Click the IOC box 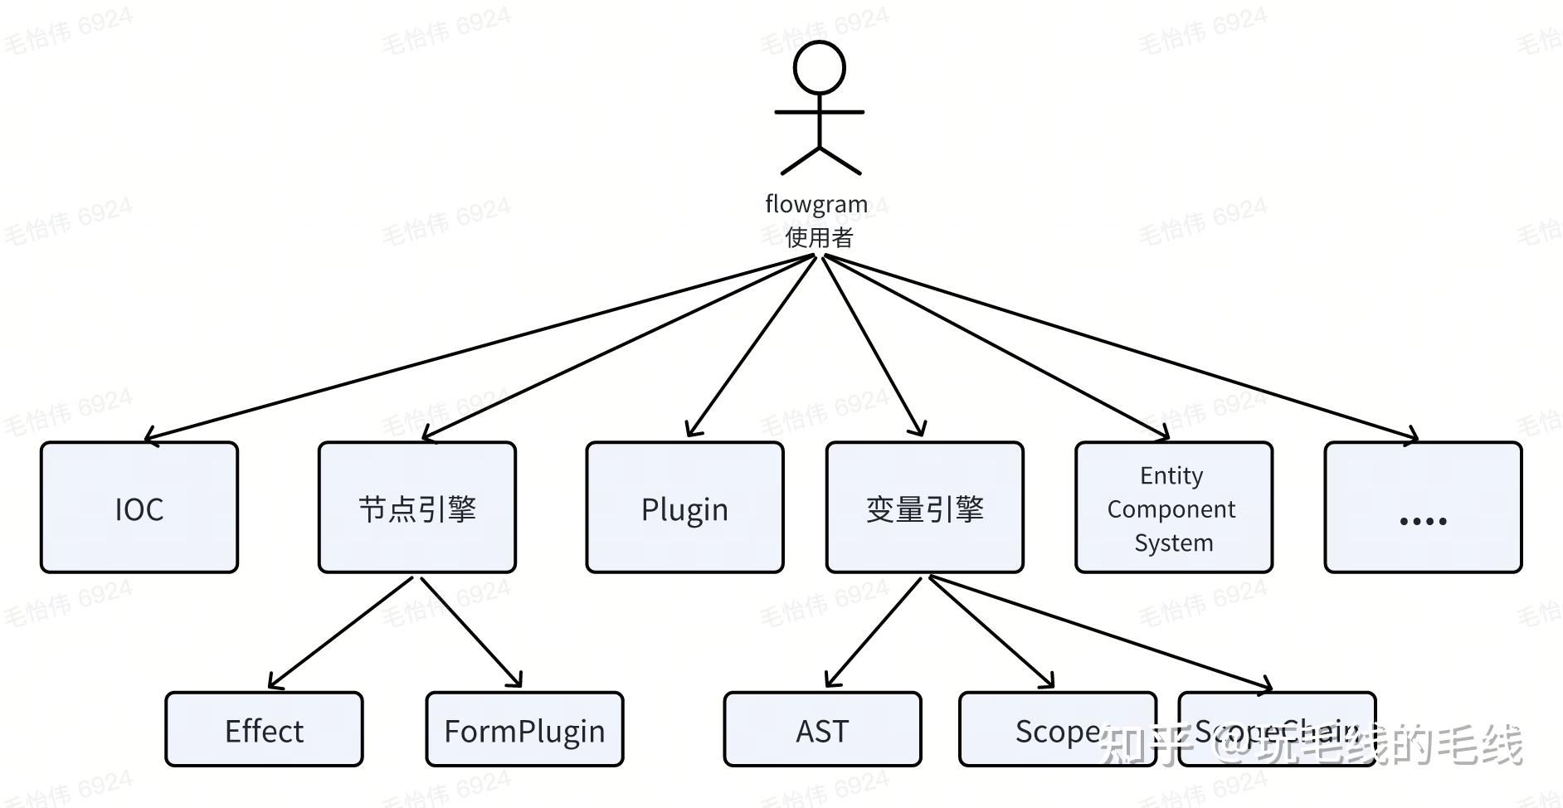tap(139, 508)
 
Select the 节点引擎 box tap(417, 508)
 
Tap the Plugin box tap(684, 508)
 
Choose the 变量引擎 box tap(924, 508)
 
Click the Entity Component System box tap(1173, 508)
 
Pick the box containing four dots tap(1423, 508)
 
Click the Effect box tap(264, 729)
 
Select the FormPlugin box tap(524, 729)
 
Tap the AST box tap(822, 729)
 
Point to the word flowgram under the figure tap(816, 203)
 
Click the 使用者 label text tap(820, 238)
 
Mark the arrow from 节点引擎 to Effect tap(341, 632)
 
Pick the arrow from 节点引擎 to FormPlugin tap(470, 632)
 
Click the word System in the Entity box tap(1173, 543)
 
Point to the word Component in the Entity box tap(1171, 509)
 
